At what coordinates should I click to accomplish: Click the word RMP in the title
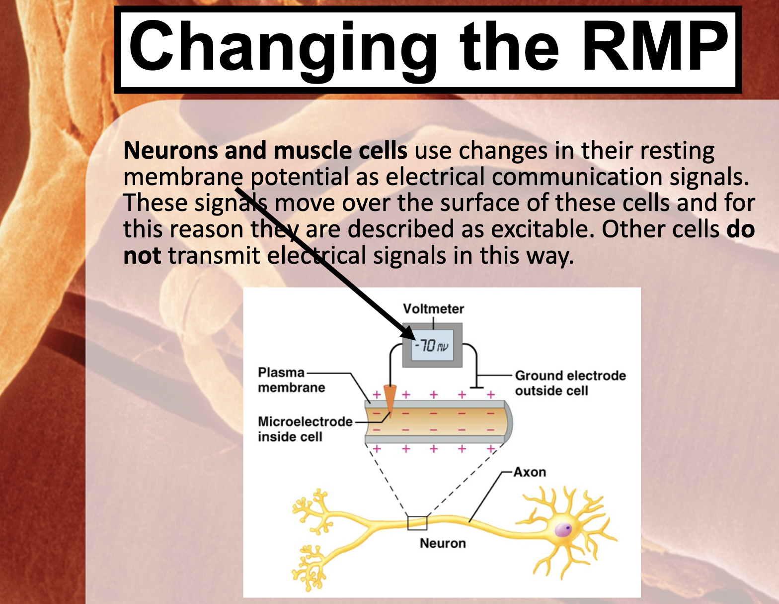654,47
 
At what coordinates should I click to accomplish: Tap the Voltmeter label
433,309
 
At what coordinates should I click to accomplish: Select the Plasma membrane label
291,380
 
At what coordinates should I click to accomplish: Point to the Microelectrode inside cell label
305,429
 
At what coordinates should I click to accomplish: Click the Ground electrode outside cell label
570,383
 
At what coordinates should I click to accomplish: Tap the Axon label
530,472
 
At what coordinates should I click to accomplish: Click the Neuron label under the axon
443,543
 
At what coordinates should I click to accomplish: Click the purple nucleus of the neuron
563,529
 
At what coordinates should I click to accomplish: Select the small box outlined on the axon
417,523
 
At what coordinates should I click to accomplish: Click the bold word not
142,256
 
